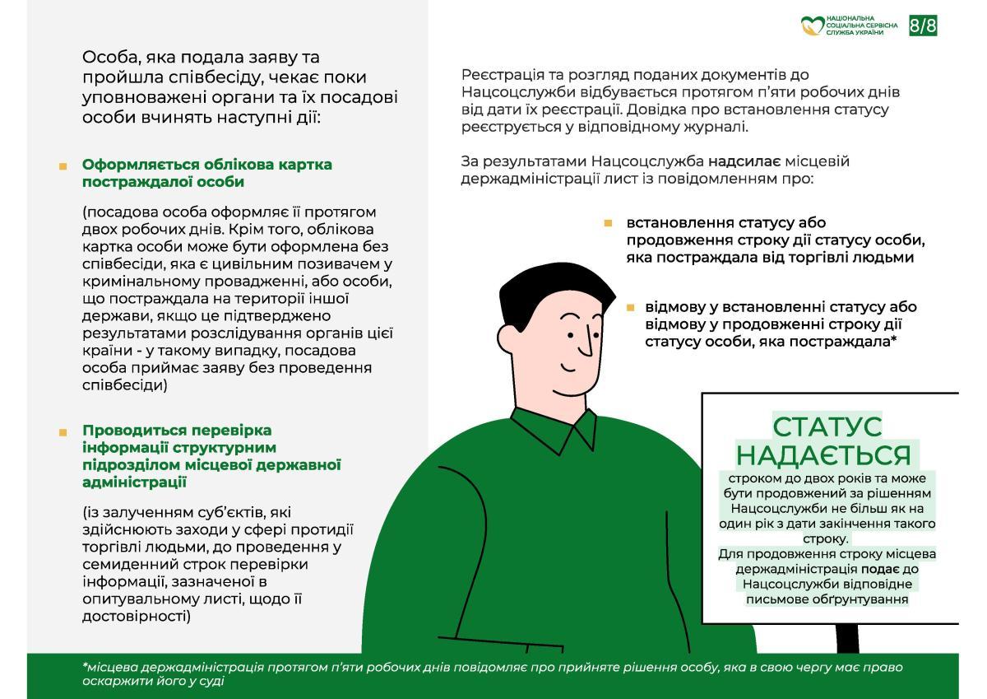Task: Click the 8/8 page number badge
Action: [923, 26]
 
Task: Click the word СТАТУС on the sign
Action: [827, 427]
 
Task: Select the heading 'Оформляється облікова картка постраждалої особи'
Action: [207, 173]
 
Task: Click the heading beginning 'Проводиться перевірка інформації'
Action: [211, 456]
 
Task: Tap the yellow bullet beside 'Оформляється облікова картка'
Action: [63, 166]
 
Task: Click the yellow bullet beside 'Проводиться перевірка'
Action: [63, 431]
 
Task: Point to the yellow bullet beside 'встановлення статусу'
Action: [608, 223]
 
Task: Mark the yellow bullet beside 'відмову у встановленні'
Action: [630, 307]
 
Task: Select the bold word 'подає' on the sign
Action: [878, 569]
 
